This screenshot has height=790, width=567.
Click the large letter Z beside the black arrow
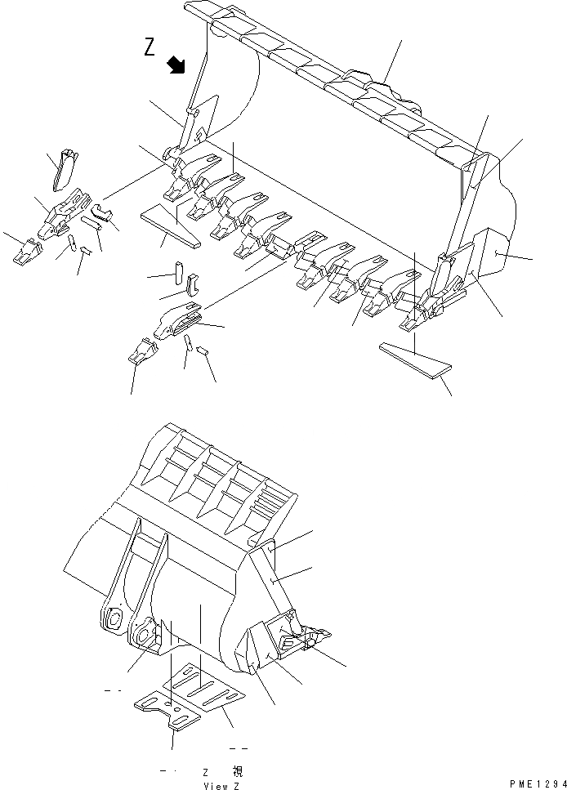tap(150, 48)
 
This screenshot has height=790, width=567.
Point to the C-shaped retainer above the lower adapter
tap(192, 284)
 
